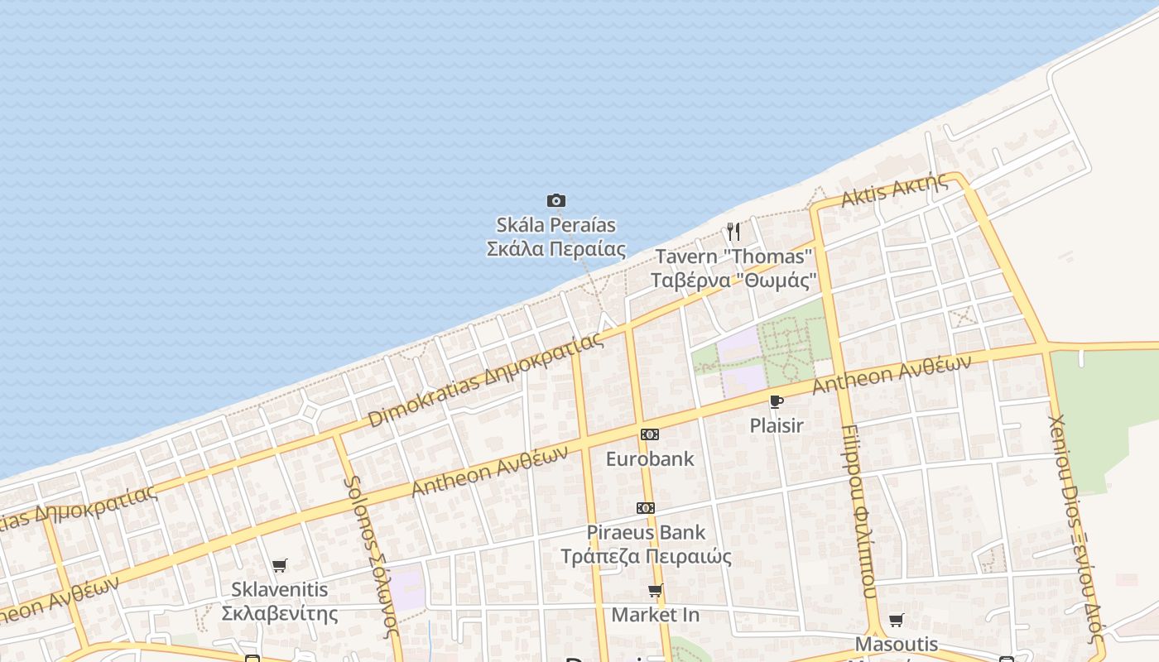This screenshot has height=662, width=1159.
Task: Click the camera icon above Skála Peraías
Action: (x=556, y=200)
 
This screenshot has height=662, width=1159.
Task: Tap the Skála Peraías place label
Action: (x=555, y=237)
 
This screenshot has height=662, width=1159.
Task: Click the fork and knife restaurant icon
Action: (x=733, y=231)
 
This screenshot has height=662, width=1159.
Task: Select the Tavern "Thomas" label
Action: (x=734, y=268)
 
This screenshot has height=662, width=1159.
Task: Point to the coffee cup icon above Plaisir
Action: (x=776, y=402)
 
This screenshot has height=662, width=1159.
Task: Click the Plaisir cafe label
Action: (x=777, y=425)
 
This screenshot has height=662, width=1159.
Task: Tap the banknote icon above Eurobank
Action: (x=650, y=434)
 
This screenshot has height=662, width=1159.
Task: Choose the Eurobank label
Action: (x=650, y=458)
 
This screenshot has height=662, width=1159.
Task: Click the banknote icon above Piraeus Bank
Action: (x=646, y=508)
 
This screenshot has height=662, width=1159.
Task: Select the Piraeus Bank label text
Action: (x=646, y=544)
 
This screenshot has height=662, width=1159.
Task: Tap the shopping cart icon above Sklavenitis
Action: (x=280, y=566)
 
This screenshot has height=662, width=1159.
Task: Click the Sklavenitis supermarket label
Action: (x=280, y=602)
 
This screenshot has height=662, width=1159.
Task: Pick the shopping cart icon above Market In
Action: (x=656, y=591)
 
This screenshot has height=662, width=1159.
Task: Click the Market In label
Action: (x=656, y=615)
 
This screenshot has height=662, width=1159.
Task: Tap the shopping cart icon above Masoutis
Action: (x=897, y=620)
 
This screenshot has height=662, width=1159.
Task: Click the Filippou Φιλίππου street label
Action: (x=858, y=511)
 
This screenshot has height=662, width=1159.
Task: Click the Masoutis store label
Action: (x=897, y=644)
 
